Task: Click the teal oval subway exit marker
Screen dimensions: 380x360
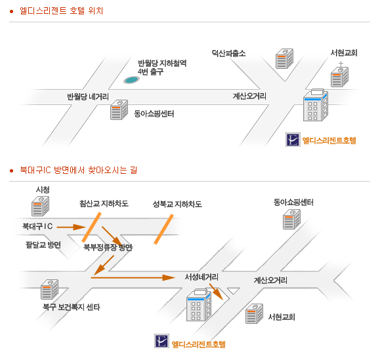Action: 131,80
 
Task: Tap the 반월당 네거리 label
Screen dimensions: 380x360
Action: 88,96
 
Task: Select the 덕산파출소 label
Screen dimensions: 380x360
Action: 228,53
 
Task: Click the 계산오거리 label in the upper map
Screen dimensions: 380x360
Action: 249,96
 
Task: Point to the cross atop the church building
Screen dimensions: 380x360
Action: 341,64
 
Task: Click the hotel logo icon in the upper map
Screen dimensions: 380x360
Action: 293,140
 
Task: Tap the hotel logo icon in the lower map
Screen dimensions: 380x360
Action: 161,341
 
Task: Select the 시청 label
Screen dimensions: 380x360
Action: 43,190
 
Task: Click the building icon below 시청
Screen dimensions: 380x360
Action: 40,206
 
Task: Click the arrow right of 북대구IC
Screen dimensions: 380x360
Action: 71,227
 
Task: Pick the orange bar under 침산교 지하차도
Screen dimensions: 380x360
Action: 91,227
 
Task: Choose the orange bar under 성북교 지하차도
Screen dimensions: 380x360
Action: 164,229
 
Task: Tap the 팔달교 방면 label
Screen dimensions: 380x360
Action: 43,245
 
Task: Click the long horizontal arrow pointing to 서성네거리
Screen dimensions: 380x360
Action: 133,277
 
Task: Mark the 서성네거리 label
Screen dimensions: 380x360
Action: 201,277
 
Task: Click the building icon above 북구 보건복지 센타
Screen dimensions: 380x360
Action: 49,289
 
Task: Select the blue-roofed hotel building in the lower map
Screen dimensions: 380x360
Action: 199,305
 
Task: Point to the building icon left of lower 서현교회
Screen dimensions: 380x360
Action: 254,313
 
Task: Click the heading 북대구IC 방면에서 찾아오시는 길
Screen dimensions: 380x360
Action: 79,170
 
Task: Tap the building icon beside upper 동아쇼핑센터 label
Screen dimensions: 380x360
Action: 119,110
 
